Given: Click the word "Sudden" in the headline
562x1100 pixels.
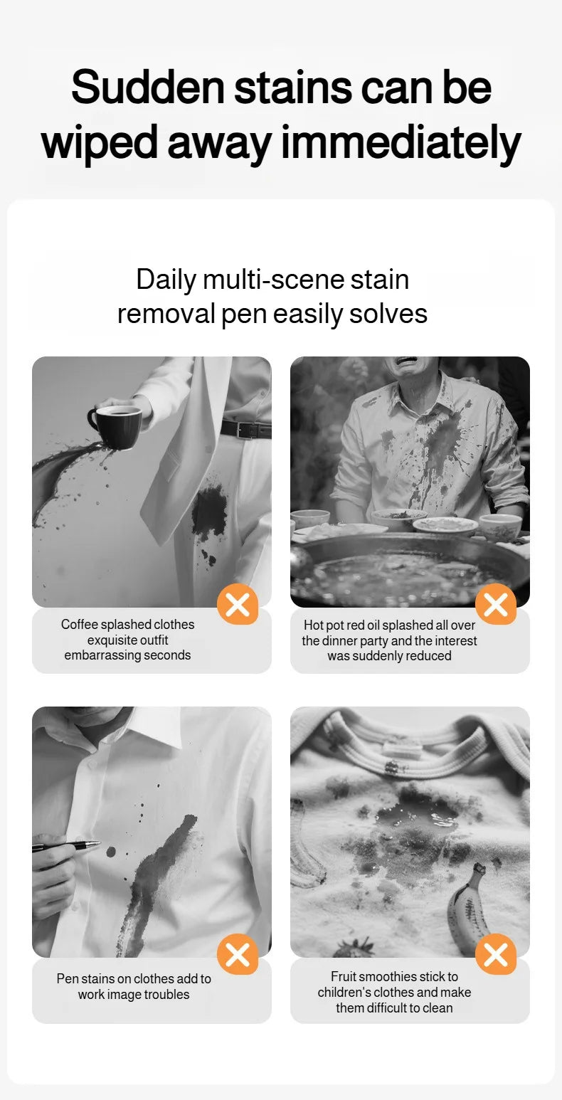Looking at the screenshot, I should pos(147,88).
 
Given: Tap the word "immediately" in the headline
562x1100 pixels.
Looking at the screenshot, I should pos(401,143).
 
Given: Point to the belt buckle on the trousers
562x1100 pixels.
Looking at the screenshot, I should pos(245,430).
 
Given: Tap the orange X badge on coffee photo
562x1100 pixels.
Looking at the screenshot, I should pos(238,604).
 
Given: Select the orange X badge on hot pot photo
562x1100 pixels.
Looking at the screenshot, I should pos(496,604).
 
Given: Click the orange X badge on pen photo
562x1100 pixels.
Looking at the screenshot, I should pos(238,954).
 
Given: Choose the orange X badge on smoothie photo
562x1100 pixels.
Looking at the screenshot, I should pos(496,954).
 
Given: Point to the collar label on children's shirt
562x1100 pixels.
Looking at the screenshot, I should pos(402,749).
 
